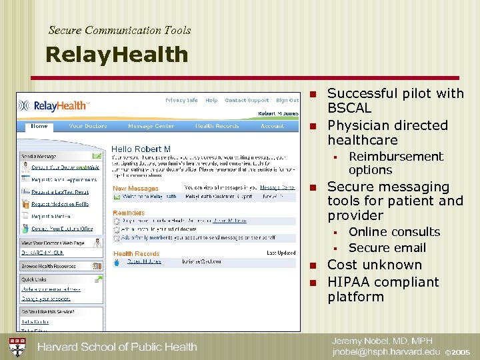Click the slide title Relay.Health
(117, 55)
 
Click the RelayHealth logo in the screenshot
(53, 105)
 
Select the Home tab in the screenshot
(39, 125)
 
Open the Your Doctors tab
(88, 125)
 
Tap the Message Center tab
(151, 125)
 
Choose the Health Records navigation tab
(217, 125)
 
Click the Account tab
(272, 125)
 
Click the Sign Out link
(287, 101)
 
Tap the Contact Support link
(247, 101)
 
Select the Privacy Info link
(181, 101)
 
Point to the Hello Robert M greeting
(141, 149)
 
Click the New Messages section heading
(135, 189)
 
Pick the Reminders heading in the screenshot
(129, 213)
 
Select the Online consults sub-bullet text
(394, 232)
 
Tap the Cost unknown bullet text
(374, 265)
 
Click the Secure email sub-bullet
(387, 248)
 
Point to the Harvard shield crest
(17, 346)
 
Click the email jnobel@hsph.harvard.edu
(386, 351)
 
